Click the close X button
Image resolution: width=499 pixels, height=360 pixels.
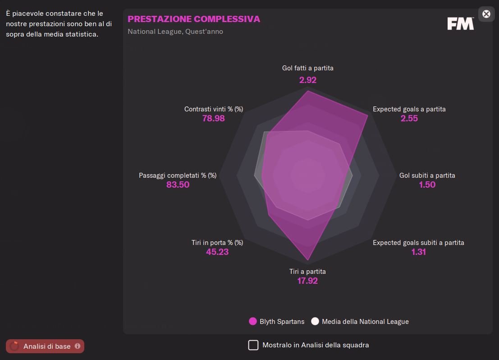pyautogui.click(x=486, y=14)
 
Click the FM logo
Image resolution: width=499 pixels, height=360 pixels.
pyautogui.click(x=460, y=24)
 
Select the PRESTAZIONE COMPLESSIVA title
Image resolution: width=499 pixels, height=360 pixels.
pyautogui.click(x=194, y=19)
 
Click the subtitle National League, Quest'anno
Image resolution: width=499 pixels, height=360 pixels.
pyautogui.click(x=175, y=32)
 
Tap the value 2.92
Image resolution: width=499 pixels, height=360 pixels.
pyautogui.click(x=308, y=80)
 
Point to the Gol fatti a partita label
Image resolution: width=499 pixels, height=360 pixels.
pyautogui.click(x=308, y=68)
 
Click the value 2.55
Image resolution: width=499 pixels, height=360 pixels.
pyautogui.click(x=409, y=119)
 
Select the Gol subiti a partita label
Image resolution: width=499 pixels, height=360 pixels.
pyautogui.click(x=427, y=175)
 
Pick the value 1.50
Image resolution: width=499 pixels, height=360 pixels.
pyautogui.click(x=427, y=185)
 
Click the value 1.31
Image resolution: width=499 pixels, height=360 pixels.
pyautogui.click(x=418, y=252)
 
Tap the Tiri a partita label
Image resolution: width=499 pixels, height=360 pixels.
pyautogui.click(x=307, y=272)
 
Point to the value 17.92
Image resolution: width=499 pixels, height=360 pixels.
pyautogui.click(x=307, y=281)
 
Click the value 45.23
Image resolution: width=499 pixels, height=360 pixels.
pyautogui.click(x=217, y=252)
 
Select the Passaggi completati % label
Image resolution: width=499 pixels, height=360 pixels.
pyautogui.click(x=178, y=175)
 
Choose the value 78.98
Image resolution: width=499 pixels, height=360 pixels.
pyautogui.click(x=214, y=119)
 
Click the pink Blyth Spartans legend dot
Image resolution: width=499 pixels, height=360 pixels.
pyautogui.click(x=253, y=322)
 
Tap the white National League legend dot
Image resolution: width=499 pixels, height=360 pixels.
pyautogui.click(x=315, y=322)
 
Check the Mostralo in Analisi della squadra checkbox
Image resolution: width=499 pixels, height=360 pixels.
pyautogui.click(x=254, y=345)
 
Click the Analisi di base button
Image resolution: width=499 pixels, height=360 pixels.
pyautogui.click(x=45, y=346)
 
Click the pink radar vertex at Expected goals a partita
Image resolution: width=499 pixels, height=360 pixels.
pyautogui.click(x=368, y=115)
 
